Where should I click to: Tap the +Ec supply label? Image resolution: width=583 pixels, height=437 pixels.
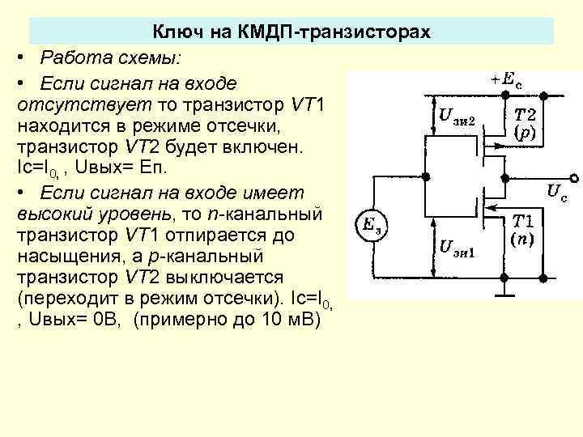pos(508,78)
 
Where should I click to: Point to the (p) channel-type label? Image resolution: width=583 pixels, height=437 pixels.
pos(530,134)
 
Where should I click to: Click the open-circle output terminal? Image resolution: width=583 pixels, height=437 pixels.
pos(574,177)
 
